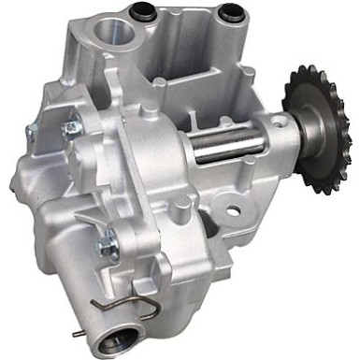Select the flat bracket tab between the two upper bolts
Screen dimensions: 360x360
tap(51, 131)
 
